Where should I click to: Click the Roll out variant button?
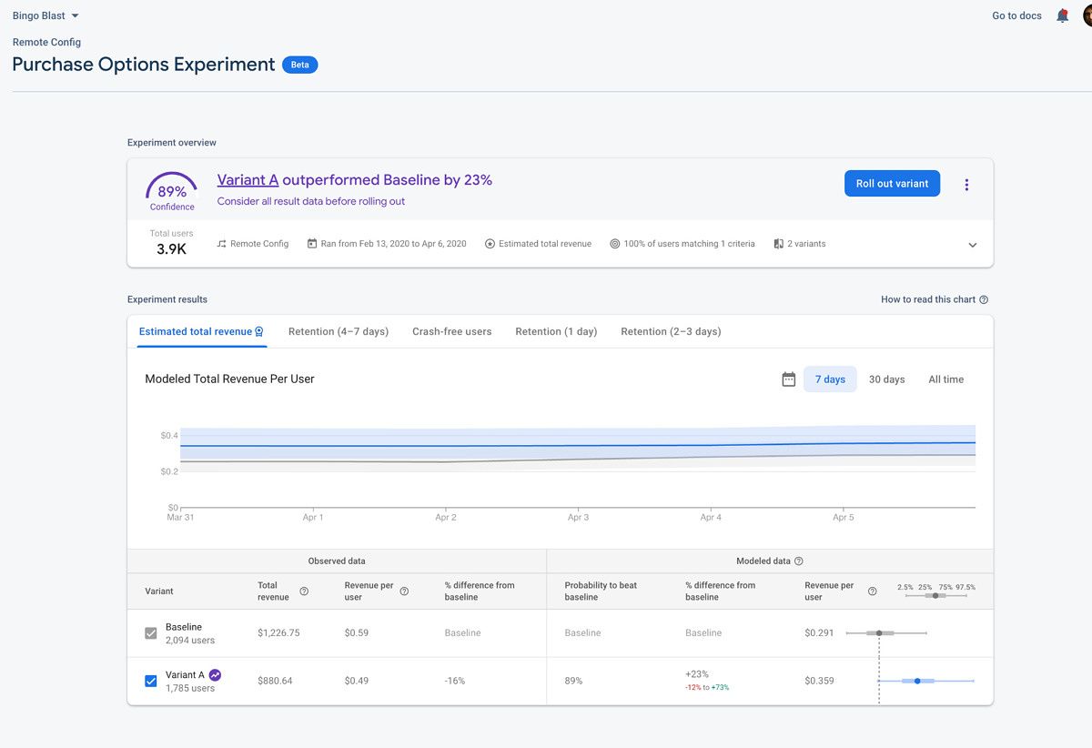[x=892, y=183]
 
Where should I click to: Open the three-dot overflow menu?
[x=966, y=185]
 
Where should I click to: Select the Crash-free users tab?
[x=451, y=331]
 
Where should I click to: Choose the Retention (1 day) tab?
[x=556, y=331]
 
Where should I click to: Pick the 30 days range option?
[x=886, y=379]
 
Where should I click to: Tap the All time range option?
[x=945, y=379]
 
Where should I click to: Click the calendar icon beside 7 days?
[x=789, y=379]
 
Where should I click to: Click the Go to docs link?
[x=1016, y=15]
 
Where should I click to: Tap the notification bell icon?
[x=1062, y=15]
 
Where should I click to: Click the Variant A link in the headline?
[x=248, y=180]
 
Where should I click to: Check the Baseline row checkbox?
[x=151, y=633]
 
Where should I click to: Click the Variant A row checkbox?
[x=151, y=681]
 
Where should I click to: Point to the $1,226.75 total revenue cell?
[x=278, y=632]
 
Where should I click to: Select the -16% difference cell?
[x=455, y=681]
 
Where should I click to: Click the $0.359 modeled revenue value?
[x=819, y=681]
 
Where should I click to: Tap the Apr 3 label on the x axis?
[x=578, y=517]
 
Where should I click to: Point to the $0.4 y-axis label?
[x=169, y=436]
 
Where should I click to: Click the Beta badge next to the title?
[x=299, y=65]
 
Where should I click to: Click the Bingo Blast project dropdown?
[x=45, y=15]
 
